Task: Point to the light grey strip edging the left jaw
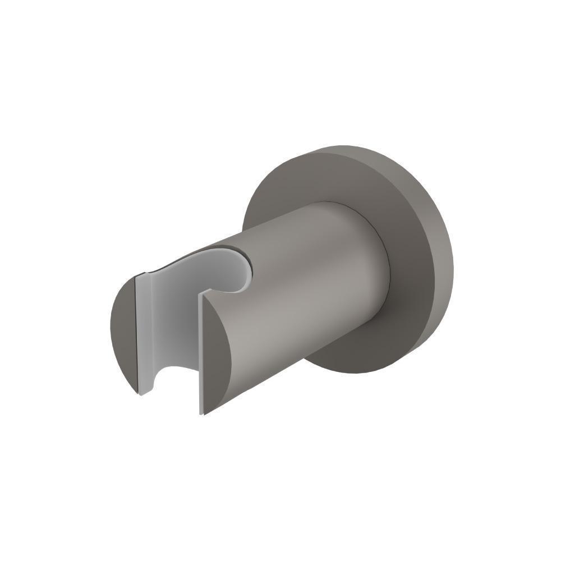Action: click(142, 337)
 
